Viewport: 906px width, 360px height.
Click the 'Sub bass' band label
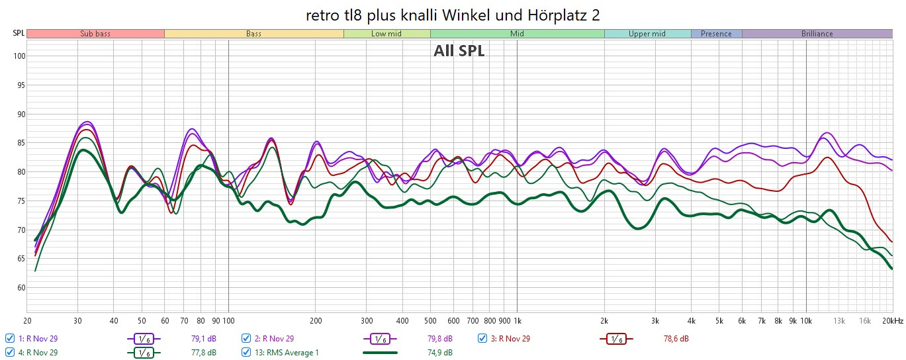(95, 34)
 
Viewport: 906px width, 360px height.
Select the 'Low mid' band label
(386, 34)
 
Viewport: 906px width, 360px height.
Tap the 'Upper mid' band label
(647, 34)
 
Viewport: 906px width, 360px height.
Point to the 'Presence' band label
(716, 34)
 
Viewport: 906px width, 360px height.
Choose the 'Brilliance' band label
(817, 34)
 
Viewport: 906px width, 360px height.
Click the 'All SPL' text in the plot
(459, 51)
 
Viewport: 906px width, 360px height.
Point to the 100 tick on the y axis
(19, 56)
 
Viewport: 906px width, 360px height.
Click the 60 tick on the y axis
(19, 288)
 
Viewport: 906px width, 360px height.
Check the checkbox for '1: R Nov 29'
(9, 339)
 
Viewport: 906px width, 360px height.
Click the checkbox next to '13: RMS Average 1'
(246, 352)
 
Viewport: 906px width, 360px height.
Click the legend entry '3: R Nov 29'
(510, 339)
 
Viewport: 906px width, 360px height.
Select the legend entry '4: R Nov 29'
(38, 352)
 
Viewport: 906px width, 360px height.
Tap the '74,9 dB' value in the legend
(439, 352)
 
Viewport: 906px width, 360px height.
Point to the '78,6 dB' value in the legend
(676, 339)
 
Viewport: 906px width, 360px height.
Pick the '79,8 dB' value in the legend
(439, 339)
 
